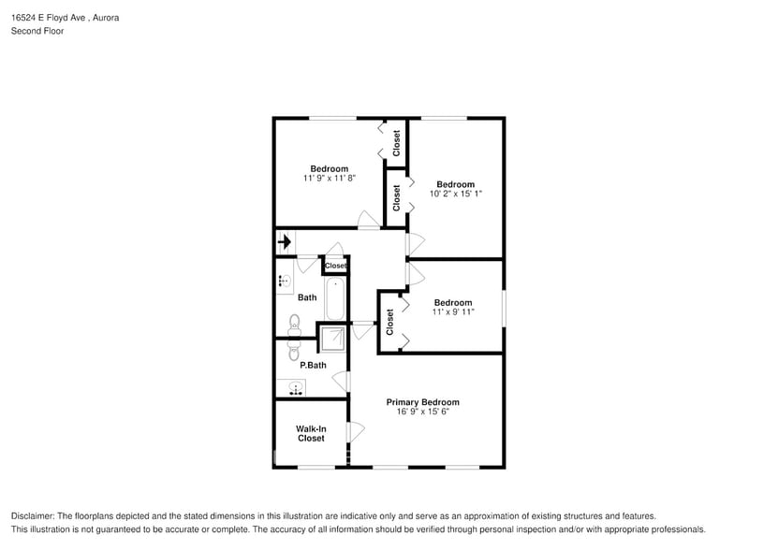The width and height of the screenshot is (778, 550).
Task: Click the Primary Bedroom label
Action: coord(423,402)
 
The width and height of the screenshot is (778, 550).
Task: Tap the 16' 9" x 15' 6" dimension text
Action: coord(423,412)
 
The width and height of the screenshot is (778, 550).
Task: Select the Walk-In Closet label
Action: coord(311,433)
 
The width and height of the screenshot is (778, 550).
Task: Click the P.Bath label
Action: coord(313,366)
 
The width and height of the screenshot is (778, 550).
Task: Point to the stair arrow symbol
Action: coord(285,242)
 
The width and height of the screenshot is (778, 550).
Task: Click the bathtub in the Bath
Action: coord(335,298)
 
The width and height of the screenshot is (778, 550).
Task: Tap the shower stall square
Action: coord(333,339)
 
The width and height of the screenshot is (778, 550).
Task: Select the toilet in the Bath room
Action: coord(295,325)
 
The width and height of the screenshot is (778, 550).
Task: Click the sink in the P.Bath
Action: coord(296,388)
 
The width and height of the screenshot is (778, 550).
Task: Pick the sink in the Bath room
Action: coord(285,282)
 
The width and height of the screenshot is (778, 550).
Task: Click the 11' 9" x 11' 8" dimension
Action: coord(330,178)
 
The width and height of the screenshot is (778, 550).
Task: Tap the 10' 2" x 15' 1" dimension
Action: coord(456,194)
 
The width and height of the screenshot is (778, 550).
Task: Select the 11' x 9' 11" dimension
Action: coord(453,312)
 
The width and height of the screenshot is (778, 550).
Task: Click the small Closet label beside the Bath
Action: coord(335,266)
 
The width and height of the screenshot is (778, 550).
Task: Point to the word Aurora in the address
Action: coord(106,18)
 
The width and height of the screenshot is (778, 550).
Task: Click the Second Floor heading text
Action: coord(37,31)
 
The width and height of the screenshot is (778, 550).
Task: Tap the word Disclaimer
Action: coord(33,516)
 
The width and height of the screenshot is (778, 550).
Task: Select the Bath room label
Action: coord(307,297)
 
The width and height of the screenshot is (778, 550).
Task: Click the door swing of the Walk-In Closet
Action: coord(357,431)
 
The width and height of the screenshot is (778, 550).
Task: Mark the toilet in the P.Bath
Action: coord(294,350)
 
